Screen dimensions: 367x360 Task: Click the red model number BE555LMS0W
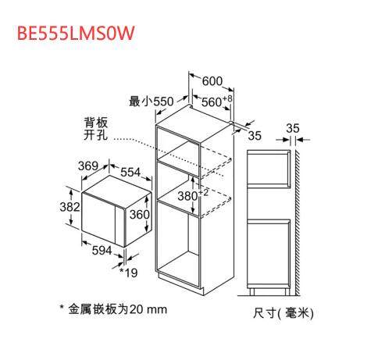tap(76, 33)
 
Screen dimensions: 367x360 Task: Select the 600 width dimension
tap(212, 81)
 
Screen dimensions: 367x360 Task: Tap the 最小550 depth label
tap(151, 102)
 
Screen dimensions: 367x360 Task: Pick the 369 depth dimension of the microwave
tap(88, 166)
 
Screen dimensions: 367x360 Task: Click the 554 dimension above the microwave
tap(130, 172)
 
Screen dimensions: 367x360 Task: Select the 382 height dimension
tap(69, 207)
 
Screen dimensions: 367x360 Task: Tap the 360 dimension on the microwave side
tap(140, 214)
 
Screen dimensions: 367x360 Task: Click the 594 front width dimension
tap(102, 250)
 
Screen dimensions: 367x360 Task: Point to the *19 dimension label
tap(128, 273)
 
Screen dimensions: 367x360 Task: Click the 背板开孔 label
tap(95, 129)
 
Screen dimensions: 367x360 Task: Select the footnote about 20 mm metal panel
tap(114, 309)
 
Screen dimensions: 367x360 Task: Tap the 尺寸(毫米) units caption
tap(283, 312)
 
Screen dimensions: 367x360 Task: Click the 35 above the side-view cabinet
tap(293, 128)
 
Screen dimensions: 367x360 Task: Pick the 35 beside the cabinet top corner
tap(255, 135)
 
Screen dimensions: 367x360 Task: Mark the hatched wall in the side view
tap(298, 223)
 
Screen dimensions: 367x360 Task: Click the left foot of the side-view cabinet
tap(251, 292)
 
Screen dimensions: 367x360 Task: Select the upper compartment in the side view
tap(269, 169)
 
